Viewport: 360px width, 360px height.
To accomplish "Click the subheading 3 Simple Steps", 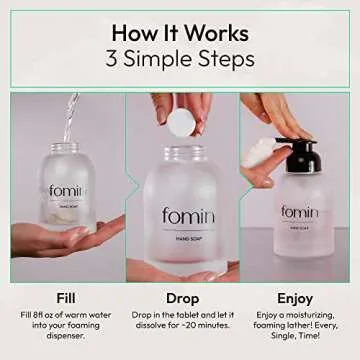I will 180,57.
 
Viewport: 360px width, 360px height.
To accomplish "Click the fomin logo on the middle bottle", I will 181,215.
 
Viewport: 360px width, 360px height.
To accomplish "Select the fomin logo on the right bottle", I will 299,212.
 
